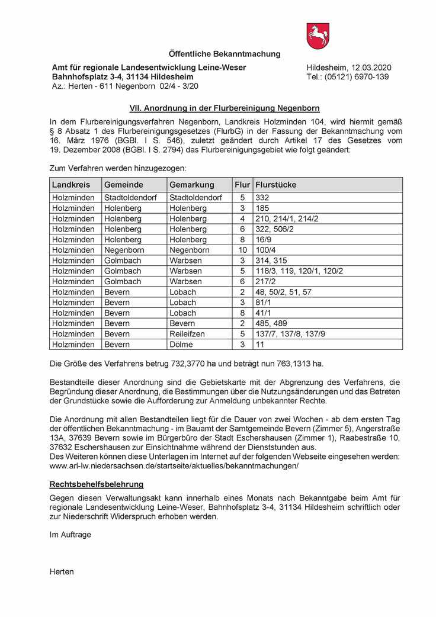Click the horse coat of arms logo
318,36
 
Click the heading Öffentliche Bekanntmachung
225,54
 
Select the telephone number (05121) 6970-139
357,77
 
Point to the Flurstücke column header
275,185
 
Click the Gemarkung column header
192,185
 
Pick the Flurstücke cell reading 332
262,198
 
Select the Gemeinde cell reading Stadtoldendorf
130,198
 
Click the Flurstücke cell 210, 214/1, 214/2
287,218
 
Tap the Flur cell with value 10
242,250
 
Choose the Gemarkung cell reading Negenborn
189,250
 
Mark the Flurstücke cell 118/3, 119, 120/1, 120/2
299,271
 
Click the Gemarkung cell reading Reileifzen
187,334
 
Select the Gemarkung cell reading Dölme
181,344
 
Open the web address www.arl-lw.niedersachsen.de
174,466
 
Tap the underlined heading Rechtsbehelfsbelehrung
97,484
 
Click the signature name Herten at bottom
62,571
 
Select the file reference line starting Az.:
125,86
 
